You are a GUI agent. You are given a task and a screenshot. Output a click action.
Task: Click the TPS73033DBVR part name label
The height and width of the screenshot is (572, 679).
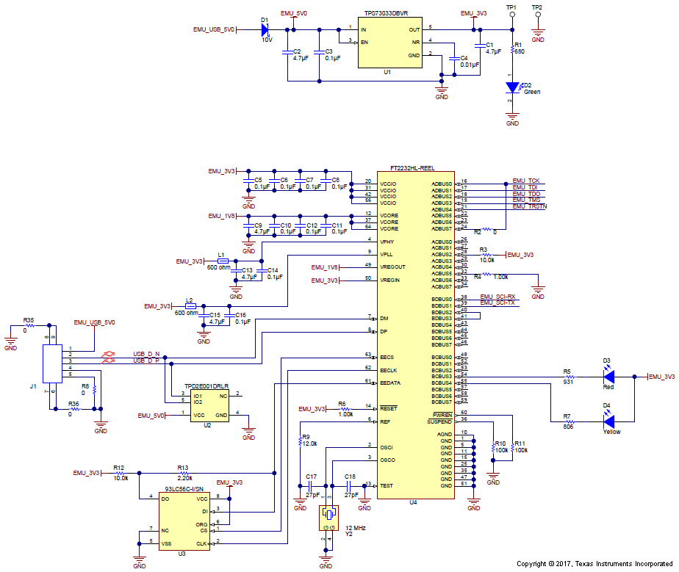[x=387, y=13]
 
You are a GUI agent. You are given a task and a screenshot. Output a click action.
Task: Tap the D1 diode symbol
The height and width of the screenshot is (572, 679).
[x=265, y=30]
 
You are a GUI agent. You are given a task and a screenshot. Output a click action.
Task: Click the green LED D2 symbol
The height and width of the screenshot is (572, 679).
[x=512, y=87]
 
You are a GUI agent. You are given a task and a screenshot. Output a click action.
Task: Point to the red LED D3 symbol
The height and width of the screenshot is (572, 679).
[x=608, y=377]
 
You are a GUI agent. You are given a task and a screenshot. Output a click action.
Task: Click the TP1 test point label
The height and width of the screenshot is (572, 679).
[x=512, y=7]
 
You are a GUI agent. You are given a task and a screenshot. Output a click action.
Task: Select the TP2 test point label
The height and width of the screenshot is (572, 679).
[x=537, y=7]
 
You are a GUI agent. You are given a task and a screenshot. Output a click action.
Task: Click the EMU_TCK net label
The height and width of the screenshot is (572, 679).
[x=526, y=181]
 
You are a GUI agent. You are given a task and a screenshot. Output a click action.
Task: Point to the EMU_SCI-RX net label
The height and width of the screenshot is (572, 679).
[x=497, y=297]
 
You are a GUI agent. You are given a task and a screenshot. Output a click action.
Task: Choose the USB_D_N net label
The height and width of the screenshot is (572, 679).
[x=145, y=354]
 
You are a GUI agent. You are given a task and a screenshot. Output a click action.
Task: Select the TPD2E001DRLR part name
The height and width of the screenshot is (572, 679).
[x=206, y=385]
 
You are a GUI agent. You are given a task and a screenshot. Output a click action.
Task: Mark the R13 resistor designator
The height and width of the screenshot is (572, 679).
[x=183, y=467]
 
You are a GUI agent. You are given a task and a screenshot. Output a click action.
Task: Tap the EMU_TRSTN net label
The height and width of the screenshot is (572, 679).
[x=529, y=206]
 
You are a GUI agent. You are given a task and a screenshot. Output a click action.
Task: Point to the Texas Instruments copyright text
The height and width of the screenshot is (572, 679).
[x=595, y=564]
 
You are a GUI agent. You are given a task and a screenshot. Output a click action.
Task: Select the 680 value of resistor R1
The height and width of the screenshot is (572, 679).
[x=519, y=51]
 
